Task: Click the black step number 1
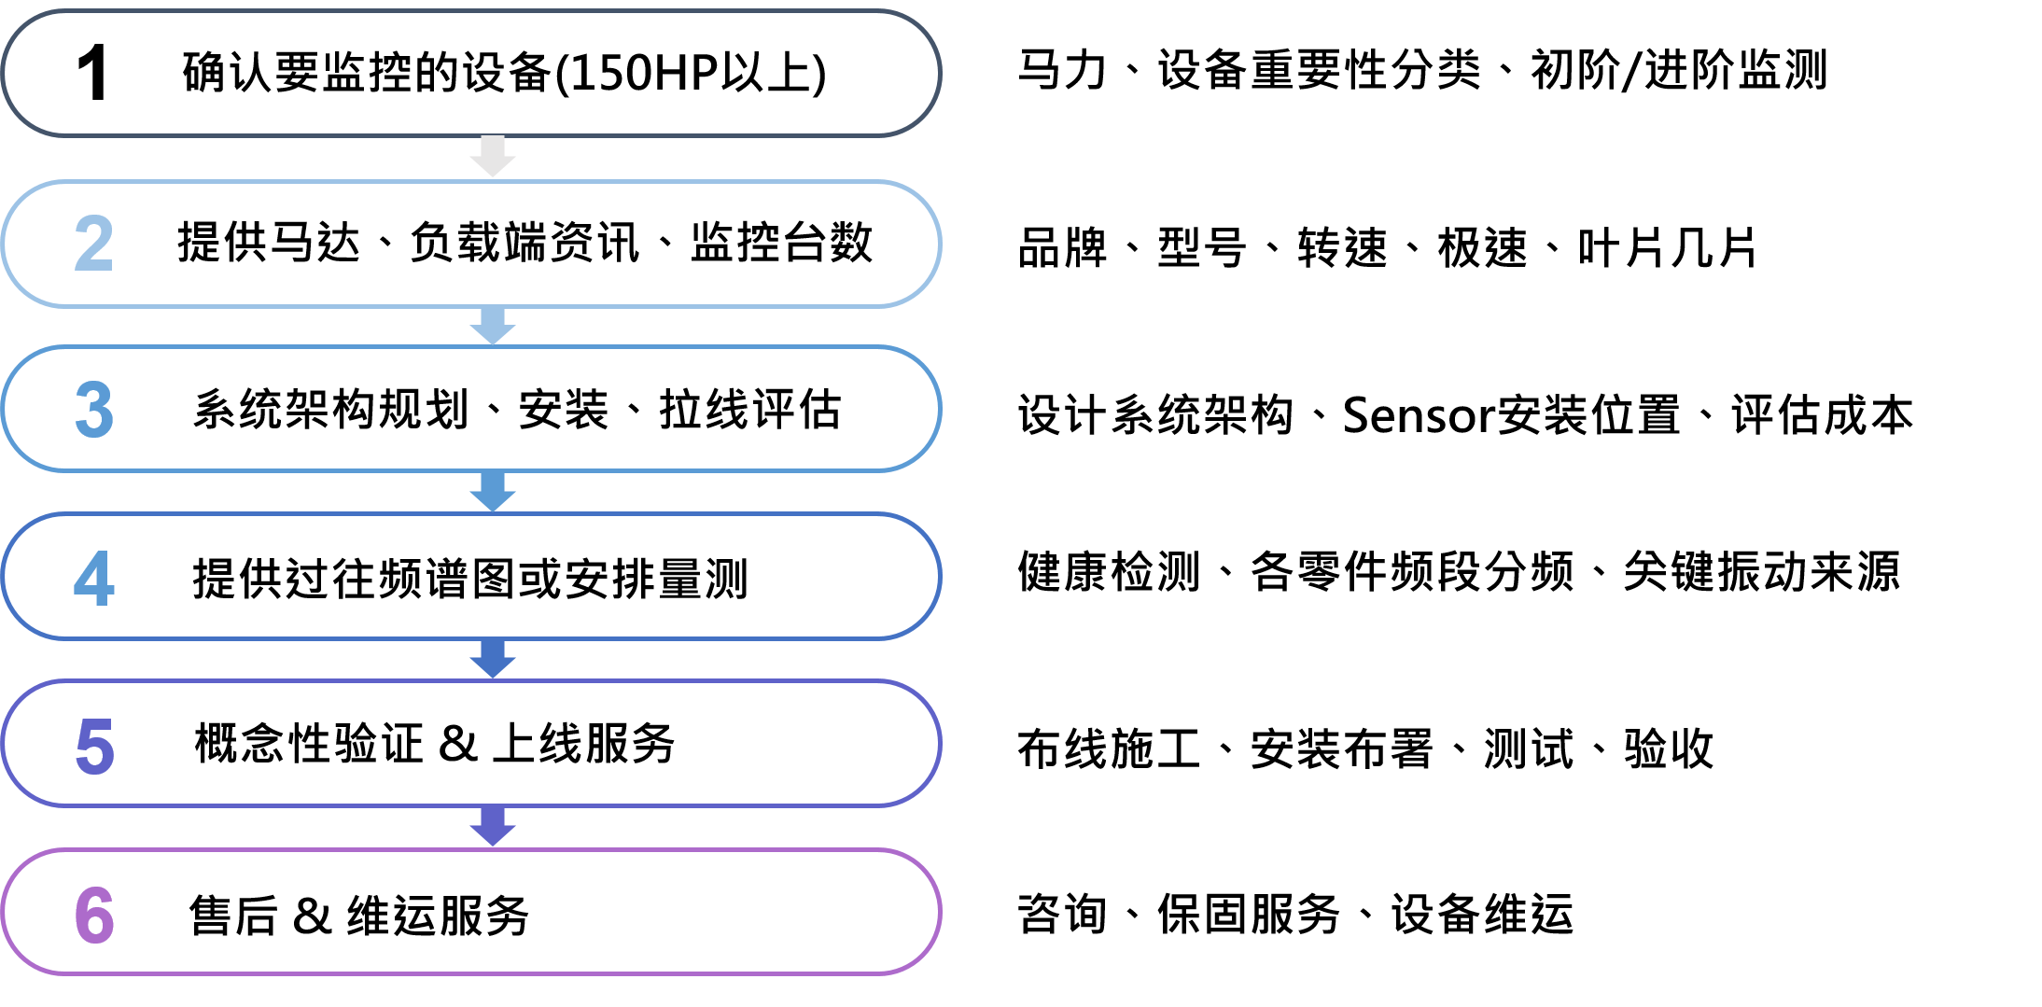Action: point(92,73)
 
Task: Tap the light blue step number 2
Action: point(93,244)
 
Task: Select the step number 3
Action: point(94,410)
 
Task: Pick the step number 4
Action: point(94,579)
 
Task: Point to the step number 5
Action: point(94,747)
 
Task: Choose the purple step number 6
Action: point(94,915)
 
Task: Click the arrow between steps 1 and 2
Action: point(493,157)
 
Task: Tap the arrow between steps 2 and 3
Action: point(493,326)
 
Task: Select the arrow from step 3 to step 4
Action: point(493,492)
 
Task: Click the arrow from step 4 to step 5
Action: point(493,659)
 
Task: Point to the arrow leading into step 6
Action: point(493,827)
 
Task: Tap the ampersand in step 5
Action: point(457,744)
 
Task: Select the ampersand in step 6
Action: point(312,916)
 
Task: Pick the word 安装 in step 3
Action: point(563,410)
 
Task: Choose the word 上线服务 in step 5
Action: point(583,744)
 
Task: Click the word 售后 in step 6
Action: point(233,916)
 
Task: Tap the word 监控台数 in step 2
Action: point(781,243)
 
